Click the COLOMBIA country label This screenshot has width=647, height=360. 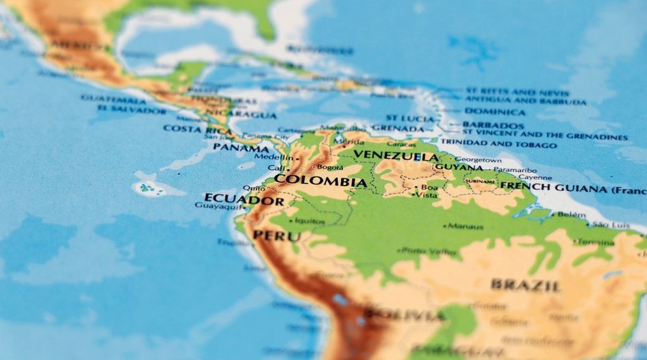(x=320, y=182)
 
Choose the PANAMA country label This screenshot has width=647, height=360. (x=240, y=147)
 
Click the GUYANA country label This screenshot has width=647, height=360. (x=458, y=166)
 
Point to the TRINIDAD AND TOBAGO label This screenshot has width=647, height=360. (x=498, y=145)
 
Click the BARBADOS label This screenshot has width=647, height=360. (x=493, y=126)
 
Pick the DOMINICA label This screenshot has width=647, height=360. (x=495, y=112)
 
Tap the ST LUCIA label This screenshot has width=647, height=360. (x=409, y=118)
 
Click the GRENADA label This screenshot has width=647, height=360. (x=398, y=128)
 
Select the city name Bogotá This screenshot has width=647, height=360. (x=330, y=166)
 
